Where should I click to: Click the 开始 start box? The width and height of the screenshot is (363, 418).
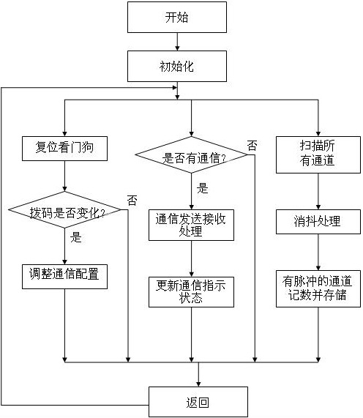pyautogui.click(x=177, y=18)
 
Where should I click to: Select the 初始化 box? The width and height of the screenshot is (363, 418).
pyautogui.click(x=177, y=66)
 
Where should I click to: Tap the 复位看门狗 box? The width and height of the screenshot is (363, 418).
pyautogui.click(x=64, y=149)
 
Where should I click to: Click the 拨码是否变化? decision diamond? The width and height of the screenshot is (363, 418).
pyautogui.click(x=64, y=210)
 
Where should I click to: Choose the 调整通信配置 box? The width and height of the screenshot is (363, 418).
pyautogui.click(x=64, y=277)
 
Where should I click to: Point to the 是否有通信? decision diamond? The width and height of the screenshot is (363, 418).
pyautogui.click(x=191, y=154)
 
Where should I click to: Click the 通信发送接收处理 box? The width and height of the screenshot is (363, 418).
pyautogui.click(x=191, y=225)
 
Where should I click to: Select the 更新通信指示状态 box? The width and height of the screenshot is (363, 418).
pyautogui.click(x=191, y=292)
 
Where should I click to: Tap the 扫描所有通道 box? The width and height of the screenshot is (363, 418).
pyautogui.click(x=318, y=154)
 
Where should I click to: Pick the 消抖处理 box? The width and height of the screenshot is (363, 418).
pyautogui.click(x=318, y=222)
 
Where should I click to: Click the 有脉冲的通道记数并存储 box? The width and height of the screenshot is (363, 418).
pyautogui.click(x=318, y=288)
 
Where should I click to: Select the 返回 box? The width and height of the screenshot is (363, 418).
pyautogui.click(x=198, y=402)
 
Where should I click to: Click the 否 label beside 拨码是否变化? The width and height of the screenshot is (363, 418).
pyautogui.click(x=132, y=200)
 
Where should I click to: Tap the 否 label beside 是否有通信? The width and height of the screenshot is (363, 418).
pyautogui.click(x=252, y=146)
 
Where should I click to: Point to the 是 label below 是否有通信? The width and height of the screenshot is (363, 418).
pyautogui.click(x=203, y=188)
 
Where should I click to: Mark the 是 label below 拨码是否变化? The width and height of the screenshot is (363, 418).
pyautogui.click(x=75, y=237)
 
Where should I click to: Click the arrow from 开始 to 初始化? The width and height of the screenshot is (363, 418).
pyautogui.click(x=177, y=42)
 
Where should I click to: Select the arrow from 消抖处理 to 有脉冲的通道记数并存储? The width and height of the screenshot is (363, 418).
pyautogui.click(x=318, y=253)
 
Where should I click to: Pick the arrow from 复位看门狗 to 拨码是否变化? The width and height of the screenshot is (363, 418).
pyautogui.click(x=64, y=176)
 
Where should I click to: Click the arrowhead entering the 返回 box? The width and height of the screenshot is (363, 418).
pyautogui.click(x=198, y=384)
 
